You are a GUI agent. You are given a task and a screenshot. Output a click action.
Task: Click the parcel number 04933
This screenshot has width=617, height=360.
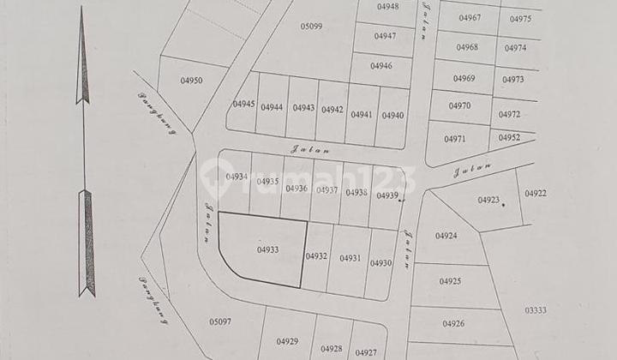click(x=267, y=250)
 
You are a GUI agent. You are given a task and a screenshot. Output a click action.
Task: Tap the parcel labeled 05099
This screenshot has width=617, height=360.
click(x=311, y=26)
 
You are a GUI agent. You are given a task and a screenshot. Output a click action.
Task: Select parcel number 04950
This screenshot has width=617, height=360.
click(x=192, y=81)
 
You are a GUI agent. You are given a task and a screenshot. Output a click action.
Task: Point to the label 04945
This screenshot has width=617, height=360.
click(x=243, y=105)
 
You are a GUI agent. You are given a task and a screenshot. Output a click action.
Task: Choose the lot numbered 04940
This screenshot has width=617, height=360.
click(x=392, y=116)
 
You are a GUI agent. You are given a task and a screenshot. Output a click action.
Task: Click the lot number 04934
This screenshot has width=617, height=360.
click(x=237, y=177)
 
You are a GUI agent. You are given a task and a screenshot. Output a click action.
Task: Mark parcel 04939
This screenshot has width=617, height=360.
click(x=387, y=195)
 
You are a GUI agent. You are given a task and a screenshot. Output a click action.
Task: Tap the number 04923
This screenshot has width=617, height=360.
click(x=488, y=200)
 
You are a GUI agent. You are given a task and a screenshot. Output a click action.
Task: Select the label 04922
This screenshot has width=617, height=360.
click(x=536, y=194)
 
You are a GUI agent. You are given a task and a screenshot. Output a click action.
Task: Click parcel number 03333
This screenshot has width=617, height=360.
click(x=536, y=310)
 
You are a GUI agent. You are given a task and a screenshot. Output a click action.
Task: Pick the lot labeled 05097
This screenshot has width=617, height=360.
click(x=221, y=321)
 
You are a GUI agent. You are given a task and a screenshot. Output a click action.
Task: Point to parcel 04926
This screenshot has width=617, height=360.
click(x=453, y=323)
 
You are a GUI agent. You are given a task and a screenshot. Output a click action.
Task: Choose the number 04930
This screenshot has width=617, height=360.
click(x=380, y=263)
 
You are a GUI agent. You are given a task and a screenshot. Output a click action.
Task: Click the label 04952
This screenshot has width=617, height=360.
click(x=509, y=137)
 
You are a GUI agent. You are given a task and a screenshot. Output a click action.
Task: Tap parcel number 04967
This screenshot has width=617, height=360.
click(x=470, y=18)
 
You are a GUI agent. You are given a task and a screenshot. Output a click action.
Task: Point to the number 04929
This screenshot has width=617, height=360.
click(x=288, y=342)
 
